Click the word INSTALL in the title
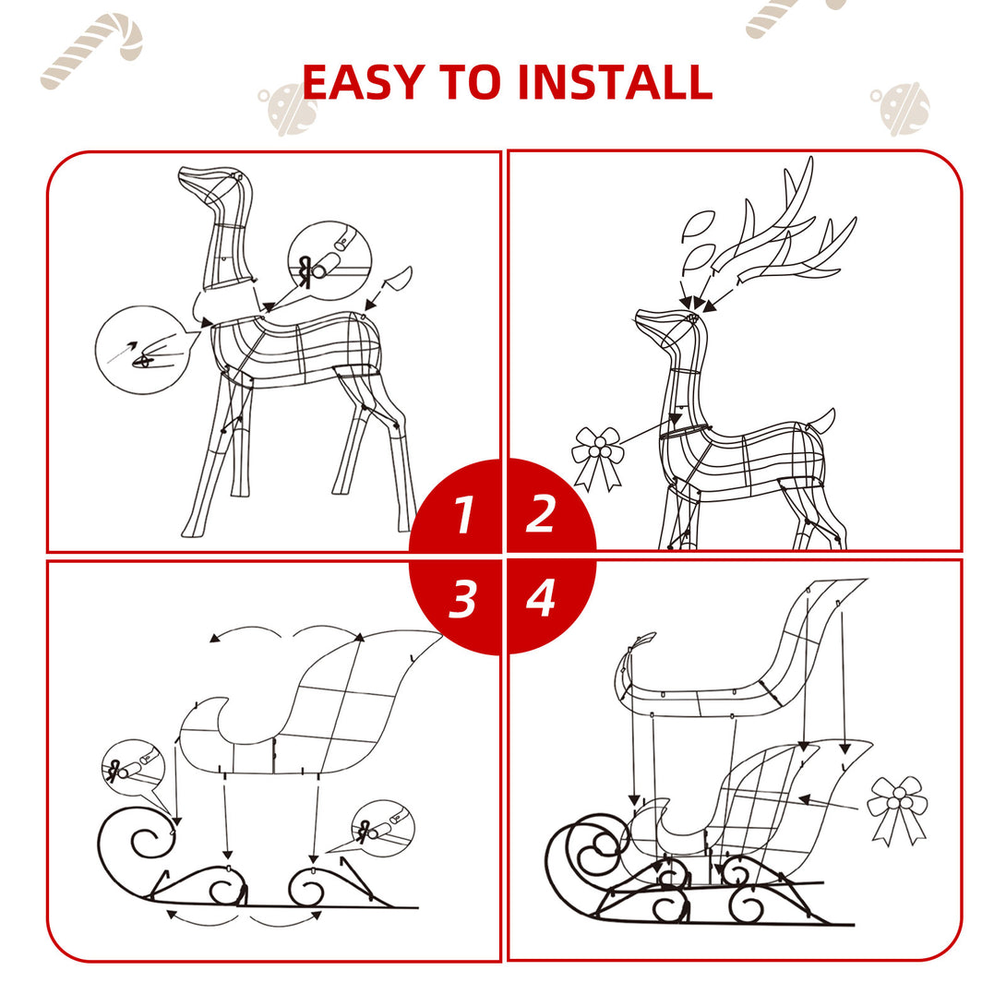pos(614,82)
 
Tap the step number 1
pos(463,515)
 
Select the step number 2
pos(540,514)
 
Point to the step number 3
pos(462,600)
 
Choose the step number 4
pos(540,599)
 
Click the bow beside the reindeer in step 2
pos(597,456)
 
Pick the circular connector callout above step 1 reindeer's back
pos(329,257)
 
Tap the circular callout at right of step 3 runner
pos(382,824)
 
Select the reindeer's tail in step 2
pos(821,422)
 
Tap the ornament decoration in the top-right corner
pos(899,108)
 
